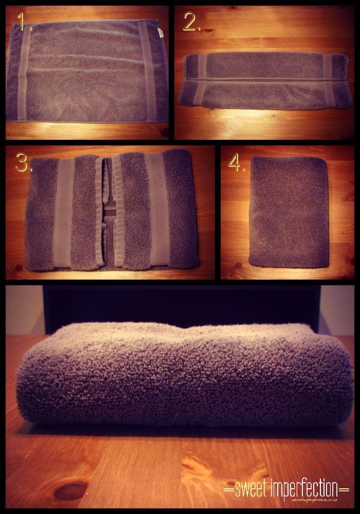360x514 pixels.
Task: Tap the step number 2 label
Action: tap(191, 23)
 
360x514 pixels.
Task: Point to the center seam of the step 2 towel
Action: tap(264, 79)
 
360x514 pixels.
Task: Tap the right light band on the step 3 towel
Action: tap(152, 213)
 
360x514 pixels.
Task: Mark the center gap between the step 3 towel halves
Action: tap(109, 213)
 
